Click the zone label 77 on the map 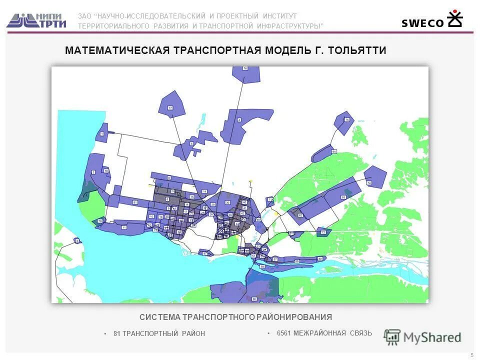click(x=170, y=108)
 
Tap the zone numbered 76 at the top click(x=245, y=68)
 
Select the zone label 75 click(x=346, y=120)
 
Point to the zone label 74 click(x=369, y=183)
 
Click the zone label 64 click(x=333, y=151)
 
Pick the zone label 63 click(x=343, y=197)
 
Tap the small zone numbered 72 click(x=323, y=232)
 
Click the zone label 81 click(x=135, y=202)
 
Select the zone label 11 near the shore click(x=123, y=227)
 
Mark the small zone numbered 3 click(x=76, y=241)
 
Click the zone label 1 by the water click(x=102, y=133)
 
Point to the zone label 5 click(x=191, y=143)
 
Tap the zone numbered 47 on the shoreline click(x=205, y=253)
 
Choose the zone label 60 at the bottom click(x=254, y=299)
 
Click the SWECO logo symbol click(x=454, y=18)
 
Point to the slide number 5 click(x=472, y=354)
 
